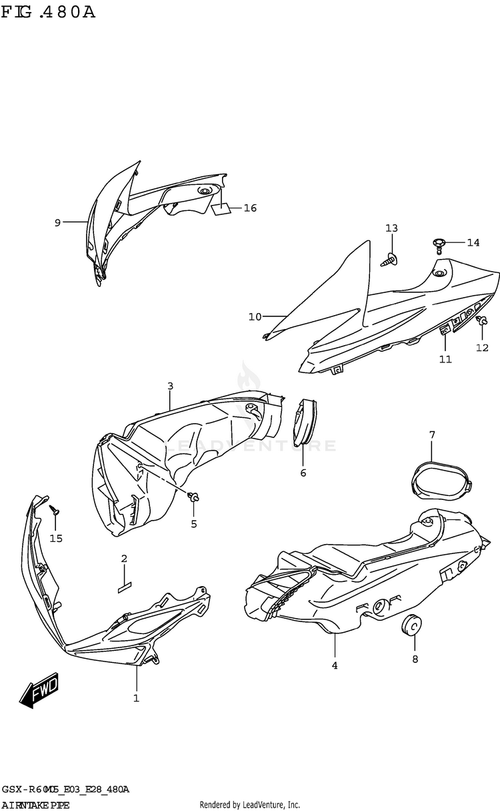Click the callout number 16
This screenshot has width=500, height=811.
(x=250, y=208)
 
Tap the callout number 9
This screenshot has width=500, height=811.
(x=57, y=222)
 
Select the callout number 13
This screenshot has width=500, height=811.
(x=391, y=228)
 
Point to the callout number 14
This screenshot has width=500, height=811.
(x=473, y=242)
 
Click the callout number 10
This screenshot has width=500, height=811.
(x=255, y=316)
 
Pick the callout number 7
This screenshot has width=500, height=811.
(x=431, y=435)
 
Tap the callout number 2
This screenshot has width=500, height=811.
(x=123, y=558)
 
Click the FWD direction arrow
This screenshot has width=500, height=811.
(x=39, y=690)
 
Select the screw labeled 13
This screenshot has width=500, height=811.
(x=390, y=260)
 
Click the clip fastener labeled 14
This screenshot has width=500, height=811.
(x=438, y=244)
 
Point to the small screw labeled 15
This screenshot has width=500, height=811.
(x=55, y=511)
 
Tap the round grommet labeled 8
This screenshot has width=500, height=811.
(x=413, y=625)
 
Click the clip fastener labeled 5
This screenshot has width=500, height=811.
(x=194, y=497)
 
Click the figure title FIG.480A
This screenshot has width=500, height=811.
(x=48, y=13)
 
